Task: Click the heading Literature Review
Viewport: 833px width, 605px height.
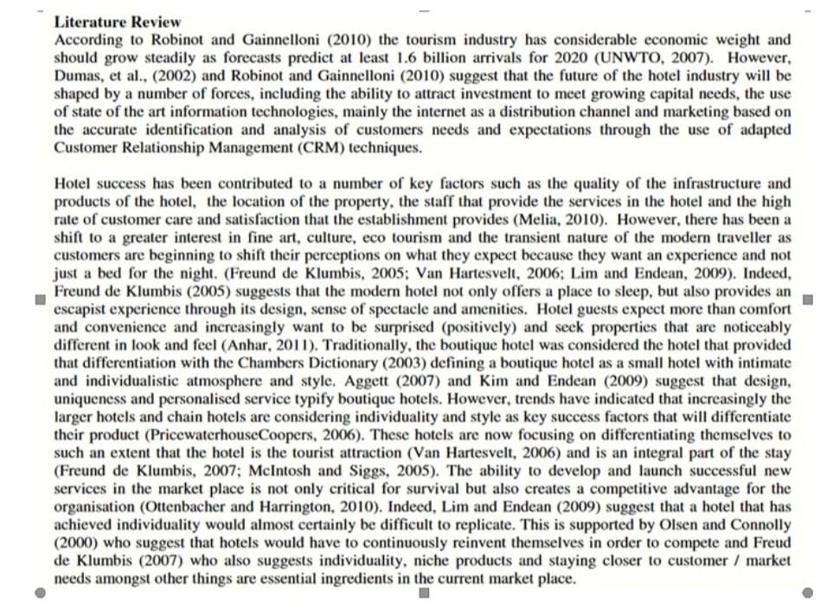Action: coord(118,22)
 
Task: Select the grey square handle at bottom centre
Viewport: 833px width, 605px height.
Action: coord(424,593)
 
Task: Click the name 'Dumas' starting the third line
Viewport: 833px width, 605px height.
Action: coord(78,76)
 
